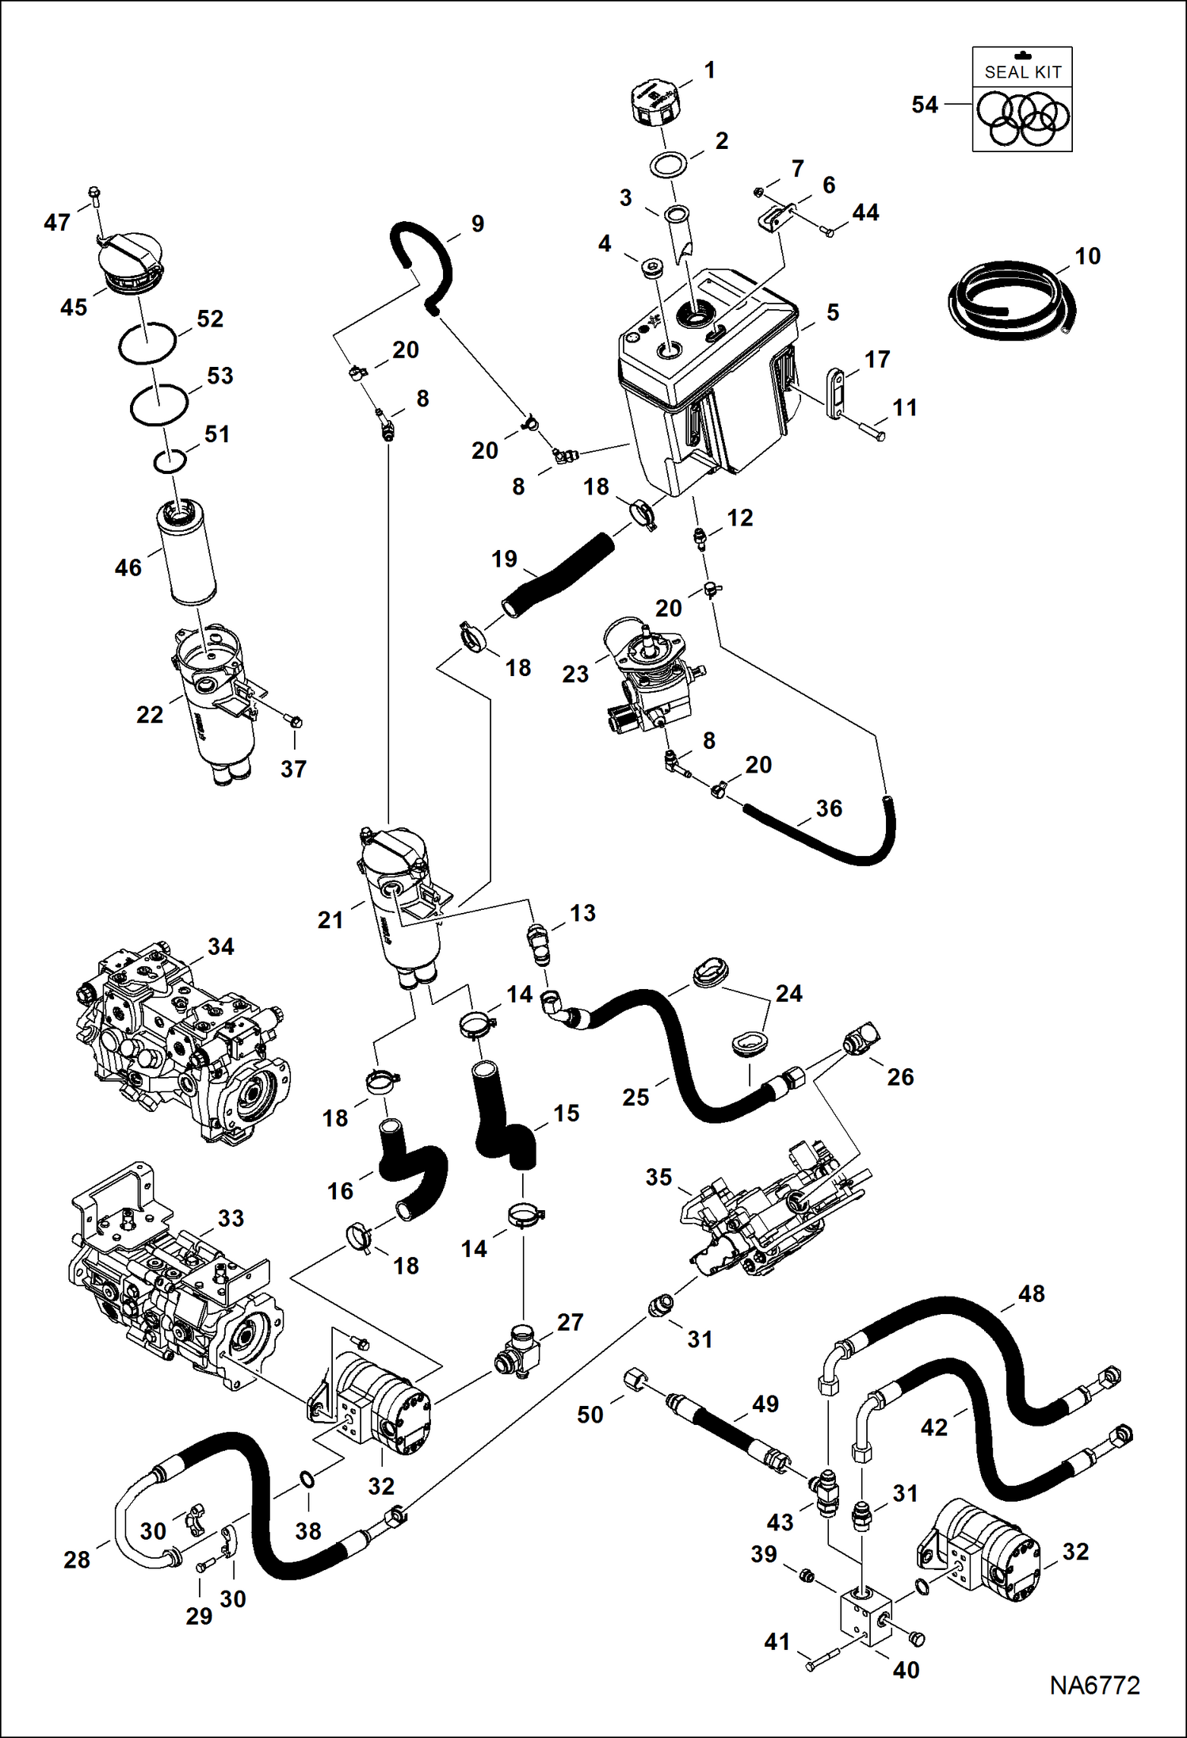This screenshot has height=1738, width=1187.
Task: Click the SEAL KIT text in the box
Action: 1022,72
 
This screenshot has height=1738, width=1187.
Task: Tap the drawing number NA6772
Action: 1094,1685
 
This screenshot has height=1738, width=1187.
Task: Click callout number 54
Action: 924,105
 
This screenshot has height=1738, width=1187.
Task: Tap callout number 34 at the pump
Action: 220,946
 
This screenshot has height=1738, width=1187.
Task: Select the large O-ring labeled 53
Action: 159,403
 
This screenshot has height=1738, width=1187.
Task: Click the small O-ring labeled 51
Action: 170,460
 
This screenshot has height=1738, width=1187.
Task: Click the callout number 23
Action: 575,674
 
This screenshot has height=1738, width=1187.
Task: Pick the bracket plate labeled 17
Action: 834,393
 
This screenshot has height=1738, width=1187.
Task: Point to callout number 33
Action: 231,1218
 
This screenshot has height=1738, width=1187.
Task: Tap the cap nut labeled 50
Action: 636,1380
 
